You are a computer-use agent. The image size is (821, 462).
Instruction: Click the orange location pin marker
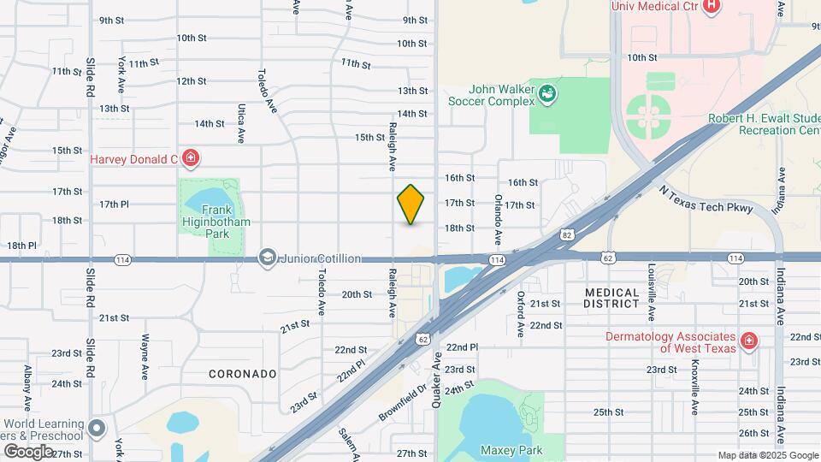pyautogui.click(x=411, y=204)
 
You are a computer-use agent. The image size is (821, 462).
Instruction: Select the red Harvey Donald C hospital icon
pyautogui.click(x=191, y=158)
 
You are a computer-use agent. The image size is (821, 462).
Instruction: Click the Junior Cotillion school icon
pyautogui.click(x=268, y=258)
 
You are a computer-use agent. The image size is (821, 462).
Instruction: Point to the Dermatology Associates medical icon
pyautogui.click(x=749, y=341)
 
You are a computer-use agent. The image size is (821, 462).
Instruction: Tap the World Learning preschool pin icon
pyautogui.click(x=97, y=428)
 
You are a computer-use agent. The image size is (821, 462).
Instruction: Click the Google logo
pyautogui.click(x=28, y=451)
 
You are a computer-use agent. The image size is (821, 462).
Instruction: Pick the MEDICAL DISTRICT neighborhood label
pyautogui.click(x=611, y=298)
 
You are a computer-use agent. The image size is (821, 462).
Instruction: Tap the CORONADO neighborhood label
pyautogui.click(x=243, y=374)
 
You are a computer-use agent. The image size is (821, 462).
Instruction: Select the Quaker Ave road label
pyautogui.click(x=437, y=380)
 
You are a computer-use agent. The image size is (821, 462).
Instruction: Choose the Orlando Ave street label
pyautogui.click(x=497, y=216)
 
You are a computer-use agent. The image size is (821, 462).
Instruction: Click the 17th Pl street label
pyautogui.click(x=114, y=204)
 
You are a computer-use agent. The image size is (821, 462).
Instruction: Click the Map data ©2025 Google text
pyautogui.click(x=767, y=455)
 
